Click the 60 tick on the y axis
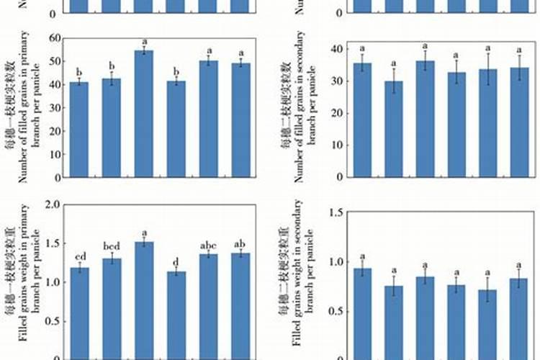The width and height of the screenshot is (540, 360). pos(54,37)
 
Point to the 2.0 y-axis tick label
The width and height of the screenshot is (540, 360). pos(53,205)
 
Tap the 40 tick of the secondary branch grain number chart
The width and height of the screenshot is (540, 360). pos(336,49)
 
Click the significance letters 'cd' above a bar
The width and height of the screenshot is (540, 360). pos(81,257)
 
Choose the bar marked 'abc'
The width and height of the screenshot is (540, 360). pos(208,306)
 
